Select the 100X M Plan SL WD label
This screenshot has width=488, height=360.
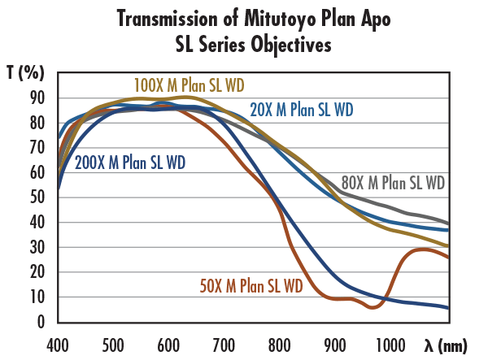tap(190, 84)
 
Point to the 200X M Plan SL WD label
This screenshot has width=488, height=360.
tap(130, 162)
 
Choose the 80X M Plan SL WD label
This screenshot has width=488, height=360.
tap(392, 182)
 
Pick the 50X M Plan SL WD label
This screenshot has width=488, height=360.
tap(251, 285)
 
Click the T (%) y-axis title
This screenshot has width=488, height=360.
tap(24, 73)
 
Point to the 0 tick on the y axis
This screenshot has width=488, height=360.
tap(40, 322)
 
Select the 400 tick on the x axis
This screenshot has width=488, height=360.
tap(59, 342)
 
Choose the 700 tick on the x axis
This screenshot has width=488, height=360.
tap(224, 342)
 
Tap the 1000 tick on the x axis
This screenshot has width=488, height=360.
tap(391, 342)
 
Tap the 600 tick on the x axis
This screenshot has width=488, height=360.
tap(169, 342)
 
